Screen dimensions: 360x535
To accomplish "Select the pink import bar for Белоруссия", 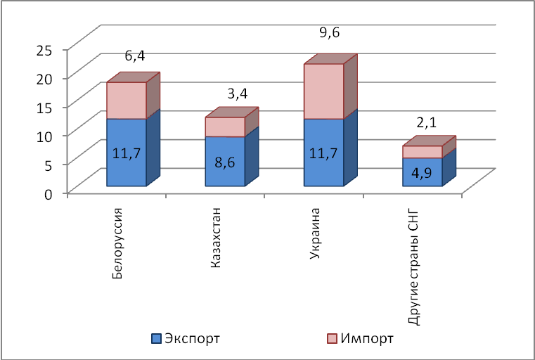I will pos(127,100).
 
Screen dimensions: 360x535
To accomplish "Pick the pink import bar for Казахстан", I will pos(225,127).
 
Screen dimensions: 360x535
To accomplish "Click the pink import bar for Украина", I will pos(323,91).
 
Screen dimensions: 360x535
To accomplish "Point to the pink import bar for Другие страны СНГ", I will pos(422,152).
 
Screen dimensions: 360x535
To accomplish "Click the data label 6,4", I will pos(135,56).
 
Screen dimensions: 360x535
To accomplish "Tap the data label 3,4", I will pos(237,93).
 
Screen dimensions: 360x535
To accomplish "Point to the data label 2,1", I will pos(427,122).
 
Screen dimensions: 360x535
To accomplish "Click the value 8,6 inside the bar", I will pos(225,160).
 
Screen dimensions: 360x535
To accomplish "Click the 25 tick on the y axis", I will pos(44,49).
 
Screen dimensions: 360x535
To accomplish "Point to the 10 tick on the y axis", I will pos(44,136).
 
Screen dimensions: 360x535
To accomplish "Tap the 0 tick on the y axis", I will pos(49,193).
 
